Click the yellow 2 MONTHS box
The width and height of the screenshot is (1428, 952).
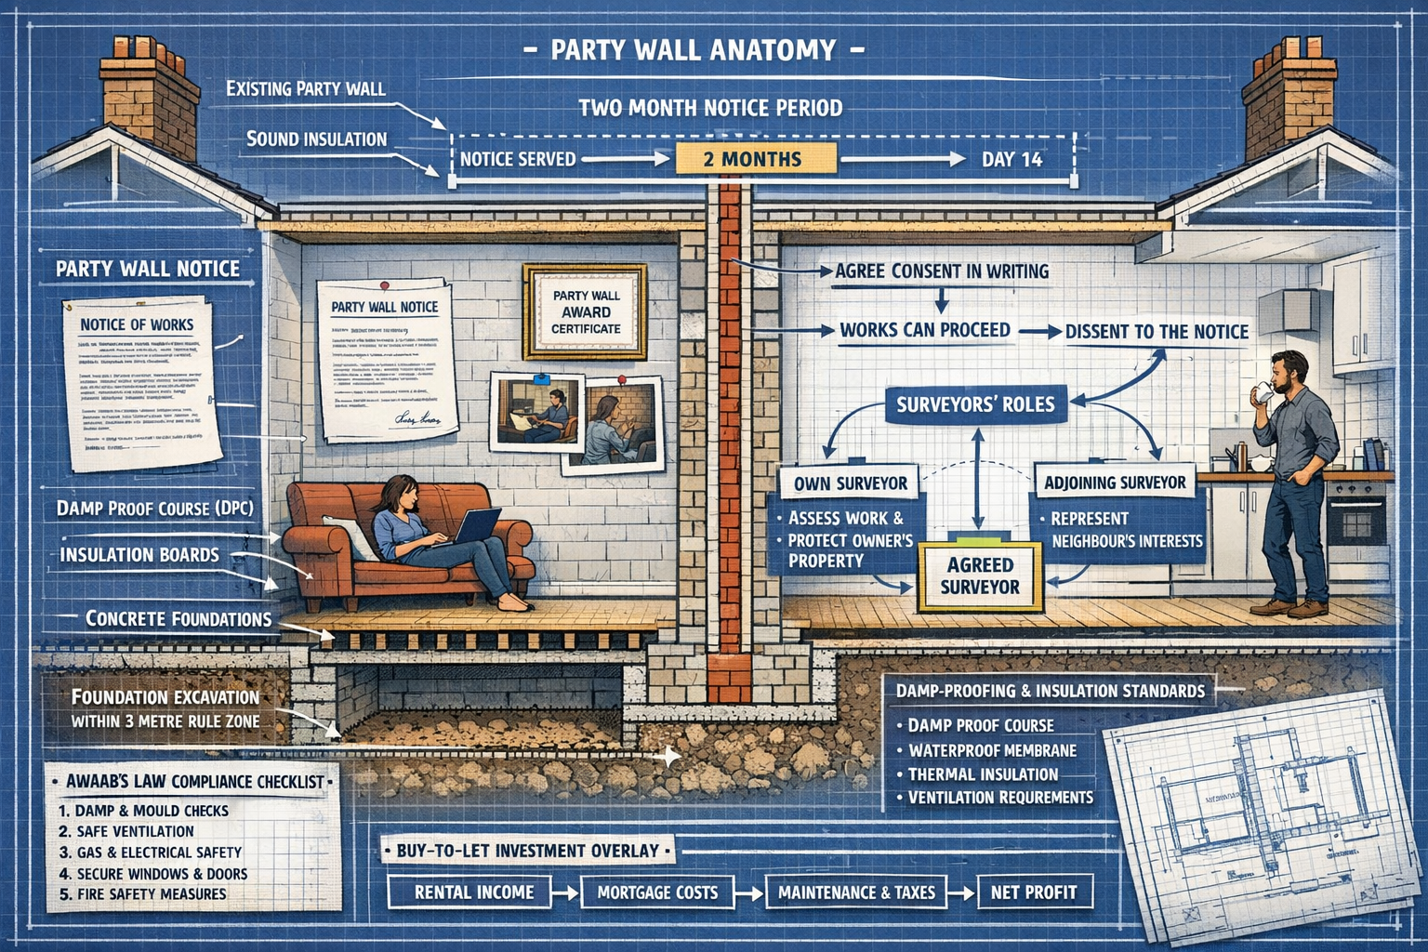(755, 159)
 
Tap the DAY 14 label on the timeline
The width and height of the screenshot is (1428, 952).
(1011, 159)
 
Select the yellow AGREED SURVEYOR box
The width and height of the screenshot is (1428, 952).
(980, 575)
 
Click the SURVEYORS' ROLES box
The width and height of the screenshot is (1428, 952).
(975, 404)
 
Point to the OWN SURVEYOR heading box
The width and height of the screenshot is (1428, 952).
(850, 483)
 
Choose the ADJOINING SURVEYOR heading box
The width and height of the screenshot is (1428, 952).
(1115, 483)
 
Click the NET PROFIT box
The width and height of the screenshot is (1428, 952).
(1034, 892)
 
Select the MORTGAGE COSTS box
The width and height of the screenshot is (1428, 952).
(657, 892)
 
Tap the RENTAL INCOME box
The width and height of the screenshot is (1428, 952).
(474, 892)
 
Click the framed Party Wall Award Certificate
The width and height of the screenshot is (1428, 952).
(586, 311)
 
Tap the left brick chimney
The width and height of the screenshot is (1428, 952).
(150, 98)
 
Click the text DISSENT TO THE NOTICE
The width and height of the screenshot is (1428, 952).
(1157, 332)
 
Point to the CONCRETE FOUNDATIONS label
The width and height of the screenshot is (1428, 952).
(178, 618)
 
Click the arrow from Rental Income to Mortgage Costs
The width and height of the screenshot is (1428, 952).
(564, 893)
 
